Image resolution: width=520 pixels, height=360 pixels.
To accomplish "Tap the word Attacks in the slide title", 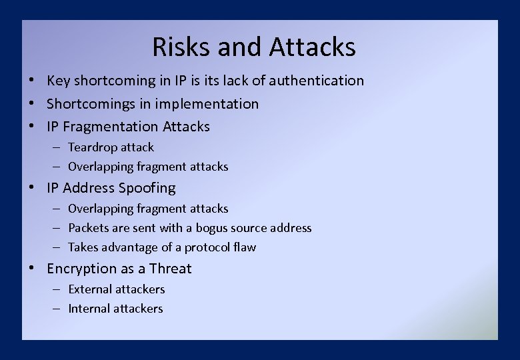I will click(x=313, y=47).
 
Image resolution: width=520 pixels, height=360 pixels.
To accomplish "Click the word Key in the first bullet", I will click(x=59, y=81).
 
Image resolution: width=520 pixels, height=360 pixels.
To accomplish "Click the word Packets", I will click(x=89, y=228).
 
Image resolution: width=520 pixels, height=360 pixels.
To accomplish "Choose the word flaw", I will click(x=245, y=247).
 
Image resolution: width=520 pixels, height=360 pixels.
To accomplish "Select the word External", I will click(x=91, y=289).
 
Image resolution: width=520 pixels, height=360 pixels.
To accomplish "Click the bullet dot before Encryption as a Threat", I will click(x=32, y=269).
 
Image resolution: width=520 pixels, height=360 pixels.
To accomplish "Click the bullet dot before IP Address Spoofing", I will click(x=32, y=188).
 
